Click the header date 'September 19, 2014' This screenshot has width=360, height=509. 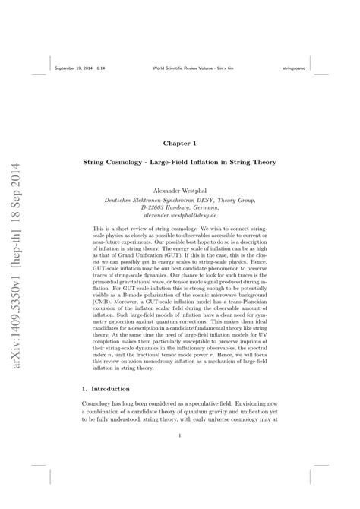coord(74,68)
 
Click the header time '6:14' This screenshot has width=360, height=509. coord(101,68)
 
